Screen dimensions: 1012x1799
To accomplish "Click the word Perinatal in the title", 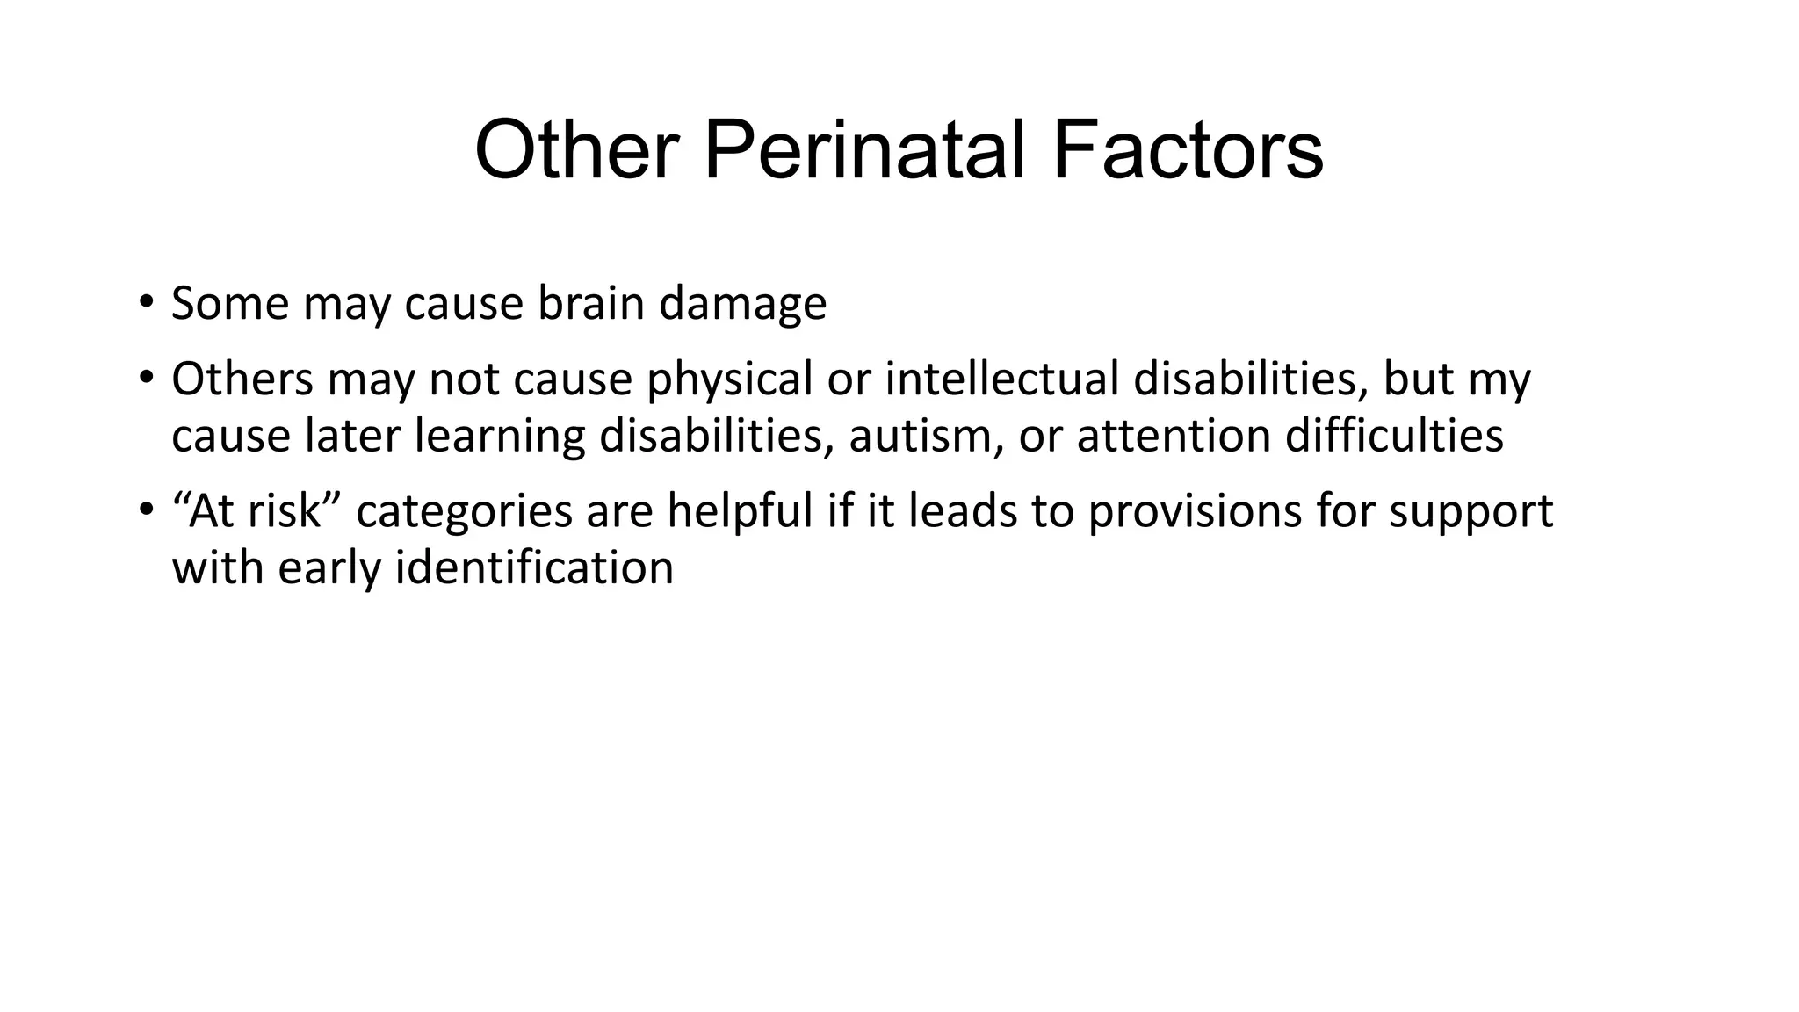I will [864, 151].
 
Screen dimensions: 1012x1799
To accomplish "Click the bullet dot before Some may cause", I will [145, 303].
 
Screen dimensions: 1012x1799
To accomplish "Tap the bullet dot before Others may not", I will [145, 379].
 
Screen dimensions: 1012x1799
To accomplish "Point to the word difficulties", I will [1394, 436].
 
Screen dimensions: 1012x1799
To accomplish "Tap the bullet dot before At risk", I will [145, 510].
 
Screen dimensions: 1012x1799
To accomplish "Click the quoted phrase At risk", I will [256, 510].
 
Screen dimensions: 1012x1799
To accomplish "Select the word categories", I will [465, 512].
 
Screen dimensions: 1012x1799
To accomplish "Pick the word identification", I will [534, 567].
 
